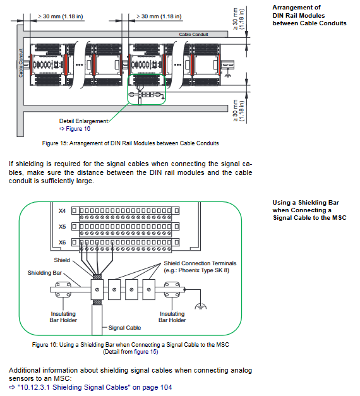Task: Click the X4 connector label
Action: pos(62,211)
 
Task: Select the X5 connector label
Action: pos(62,227)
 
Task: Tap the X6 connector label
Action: pos(62,243)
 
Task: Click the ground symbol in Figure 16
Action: pos(201,306)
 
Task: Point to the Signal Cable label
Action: pos(124,328)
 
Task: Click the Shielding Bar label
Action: pos(45,273)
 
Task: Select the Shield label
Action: pos(62,260)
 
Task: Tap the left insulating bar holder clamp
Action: pos(63,290)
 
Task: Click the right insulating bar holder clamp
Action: pos(172,290)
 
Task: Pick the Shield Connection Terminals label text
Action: pos(200,263)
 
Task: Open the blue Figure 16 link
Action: pos(75,129)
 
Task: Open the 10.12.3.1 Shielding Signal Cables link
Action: pos(90,387)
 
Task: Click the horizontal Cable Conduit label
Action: pos(193,34)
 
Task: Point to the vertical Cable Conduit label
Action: pos(20,63)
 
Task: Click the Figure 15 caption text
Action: pos(130,143)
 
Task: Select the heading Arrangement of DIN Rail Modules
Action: pos(309,15)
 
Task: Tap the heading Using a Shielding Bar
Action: pos(309,210)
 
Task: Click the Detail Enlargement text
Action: pos(85,121)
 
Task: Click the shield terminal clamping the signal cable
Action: pos(97,289)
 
